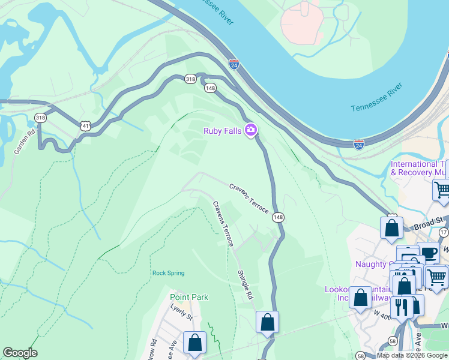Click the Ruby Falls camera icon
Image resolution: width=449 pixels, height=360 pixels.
(251, 130)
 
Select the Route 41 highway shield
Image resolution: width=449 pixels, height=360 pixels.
(85, 125)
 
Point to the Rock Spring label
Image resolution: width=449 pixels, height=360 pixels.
(168, 273)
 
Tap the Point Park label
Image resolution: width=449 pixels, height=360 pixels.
(188, 297)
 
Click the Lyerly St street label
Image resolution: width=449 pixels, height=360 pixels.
(181, 311)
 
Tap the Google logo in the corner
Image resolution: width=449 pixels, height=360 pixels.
(20, 353)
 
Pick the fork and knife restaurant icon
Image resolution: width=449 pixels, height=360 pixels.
(400, 307)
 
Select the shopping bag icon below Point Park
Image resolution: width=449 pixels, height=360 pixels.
(194, 343)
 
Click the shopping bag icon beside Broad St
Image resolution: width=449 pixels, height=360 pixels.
(391, 228)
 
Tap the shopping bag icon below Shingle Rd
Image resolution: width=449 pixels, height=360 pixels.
(267, 322)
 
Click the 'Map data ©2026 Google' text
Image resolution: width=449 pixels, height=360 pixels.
(412, 355)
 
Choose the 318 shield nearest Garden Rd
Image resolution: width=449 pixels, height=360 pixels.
(41, 118)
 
